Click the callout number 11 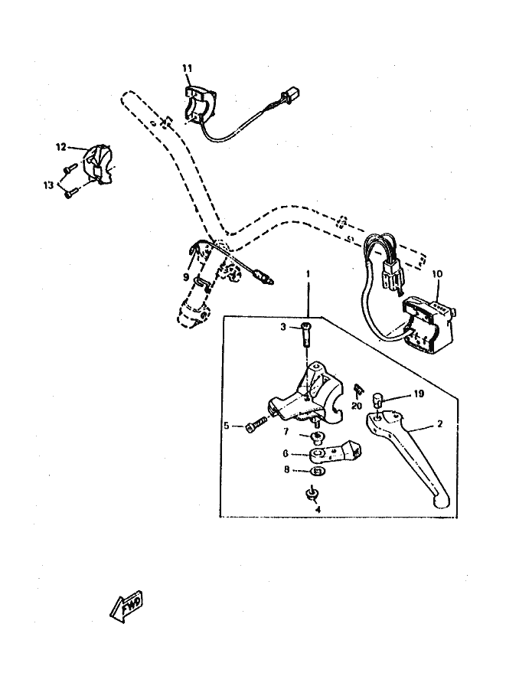(187, 69)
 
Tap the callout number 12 (60, 145)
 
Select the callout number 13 (49, 184)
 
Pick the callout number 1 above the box (308, 273)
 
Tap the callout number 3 (282, 327)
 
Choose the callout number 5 (227, 425)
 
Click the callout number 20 (356, 406)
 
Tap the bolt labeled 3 (307, 335)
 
